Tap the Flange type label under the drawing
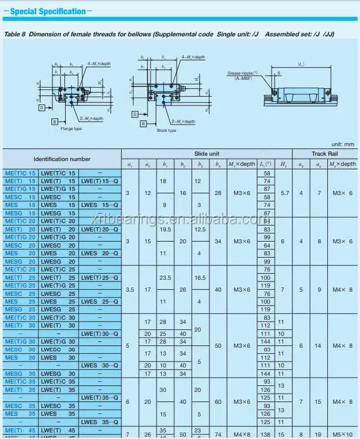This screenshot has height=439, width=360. point(71,128)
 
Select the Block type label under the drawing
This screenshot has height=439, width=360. point(166,130)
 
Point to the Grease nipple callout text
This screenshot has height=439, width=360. point(242,73)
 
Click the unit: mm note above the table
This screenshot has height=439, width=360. point(343,144)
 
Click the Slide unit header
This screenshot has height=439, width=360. point(207,153)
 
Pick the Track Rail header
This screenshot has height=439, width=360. point(326,153)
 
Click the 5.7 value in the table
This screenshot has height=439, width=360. point(285,193)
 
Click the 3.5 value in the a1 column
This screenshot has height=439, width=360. point(130,289)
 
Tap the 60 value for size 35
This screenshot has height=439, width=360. point(218,401)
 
